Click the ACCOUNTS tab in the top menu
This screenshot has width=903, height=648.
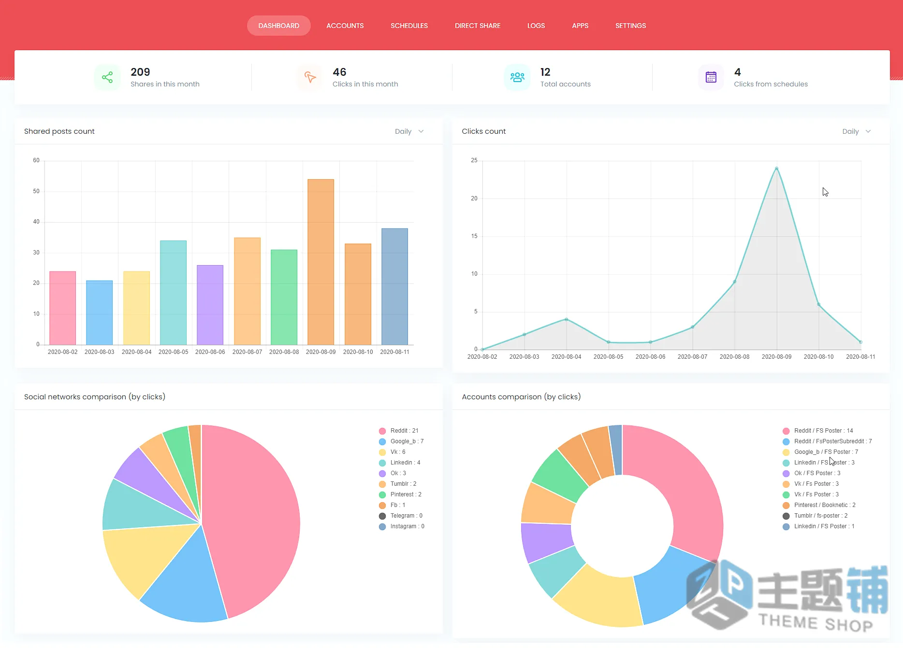(x=345, y=26)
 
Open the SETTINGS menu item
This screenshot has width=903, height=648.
(x=630, y=26)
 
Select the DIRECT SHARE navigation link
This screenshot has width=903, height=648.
(x=478, y=26)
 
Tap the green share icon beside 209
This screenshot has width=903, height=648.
(x=107, y=77)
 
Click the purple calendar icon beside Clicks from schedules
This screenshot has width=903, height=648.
(x=711, y=77)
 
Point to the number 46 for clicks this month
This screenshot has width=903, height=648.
(x=339, y=72)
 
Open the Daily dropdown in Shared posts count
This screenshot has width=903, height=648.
(x=409, y=131)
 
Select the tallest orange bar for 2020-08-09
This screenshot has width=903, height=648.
(x=320, y=262)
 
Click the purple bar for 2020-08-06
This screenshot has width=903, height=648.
(x=210, y=305)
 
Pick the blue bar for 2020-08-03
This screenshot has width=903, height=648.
(x=99, y=312)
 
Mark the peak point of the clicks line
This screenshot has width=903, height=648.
(x=776, y=169)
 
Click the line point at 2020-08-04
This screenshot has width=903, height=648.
(x=566, y=319)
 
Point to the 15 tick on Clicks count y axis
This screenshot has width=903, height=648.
(x=474, y=236)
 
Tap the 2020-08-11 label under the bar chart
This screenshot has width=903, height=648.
(x=394, y=352)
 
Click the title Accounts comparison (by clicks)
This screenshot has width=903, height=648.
(x=521, y=397)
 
